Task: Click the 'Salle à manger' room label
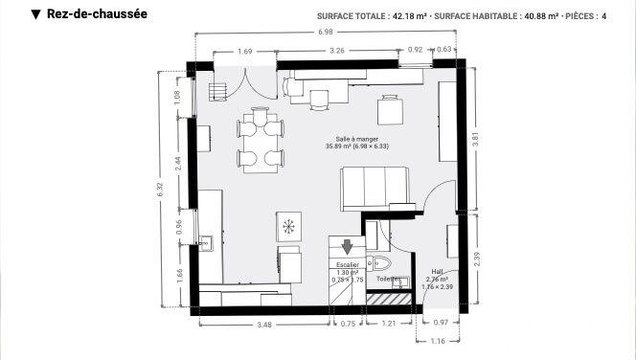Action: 343,140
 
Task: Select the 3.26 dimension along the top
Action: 336,50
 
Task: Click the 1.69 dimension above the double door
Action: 244,50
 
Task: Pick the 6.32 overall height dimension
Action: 161,190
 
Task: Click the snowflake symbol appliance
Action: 288,227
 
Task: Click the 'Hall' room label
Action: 437,271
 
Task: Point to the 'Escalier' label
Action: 347,264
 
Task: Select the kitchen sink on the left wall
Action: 204,241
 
